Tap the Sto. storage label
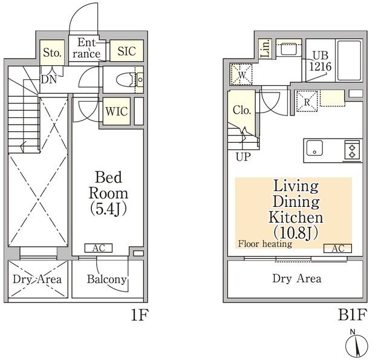pyautogui.click(x=52, y=53)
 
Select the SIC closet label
pyautogui.click(x=127, y=51)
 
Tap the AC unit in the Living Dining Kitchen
pyautogui.click(x=337, y=247)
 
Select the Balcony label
pyautogui.click(x=106, y=279)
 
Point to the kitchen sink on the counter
pyautogui.click(x=315, y=148)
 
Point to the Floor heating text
pyautogui.click(x=265, y=244)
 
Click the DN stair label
pyautogui.click(x=48, y=79)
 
